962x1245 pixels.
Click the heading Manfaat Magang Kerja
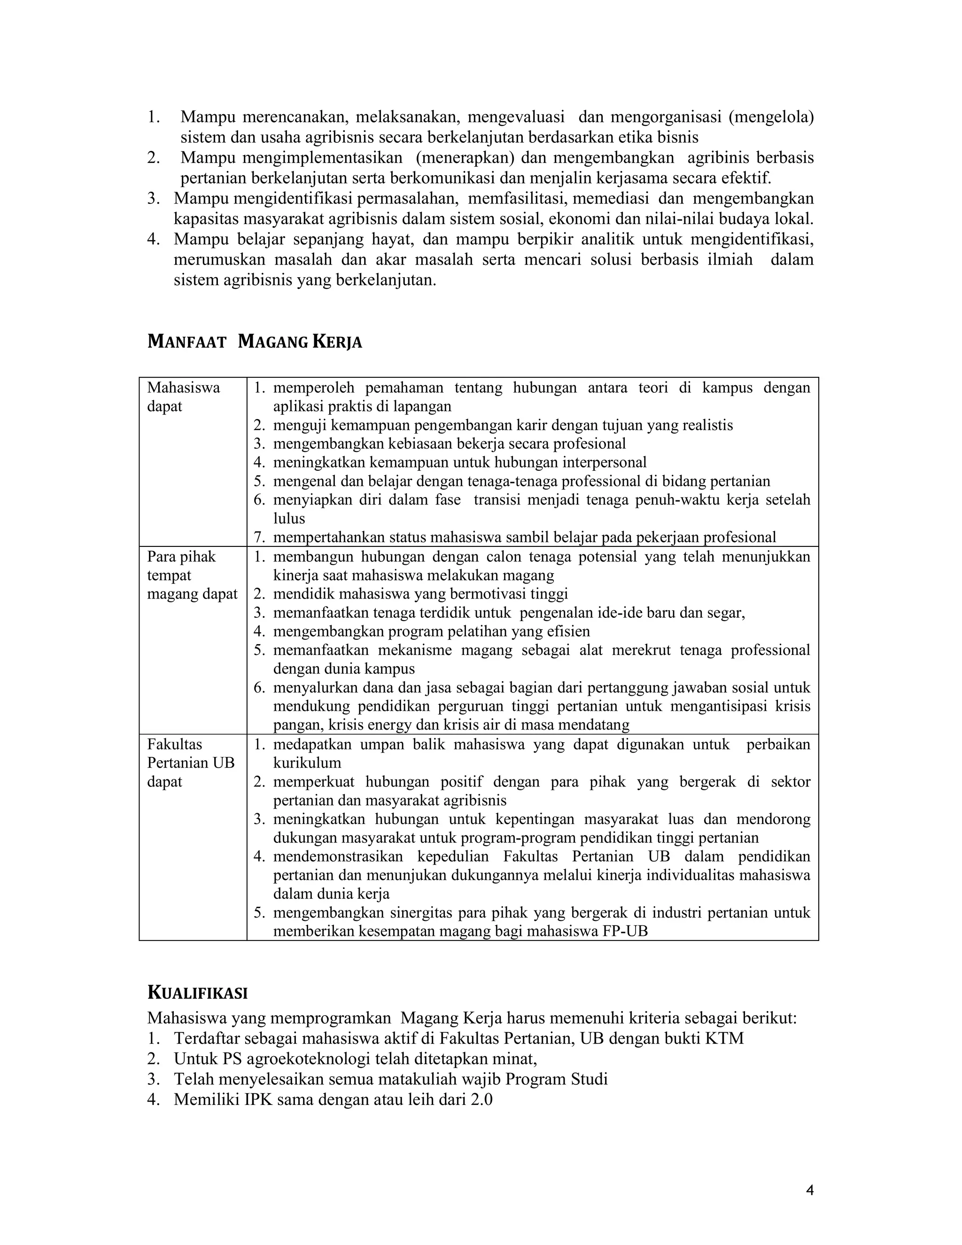(255, 342)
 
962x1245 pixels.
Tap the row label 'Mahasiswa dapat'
(183, 397)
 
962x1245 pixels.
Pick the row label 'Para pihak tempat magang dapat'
(192, 575)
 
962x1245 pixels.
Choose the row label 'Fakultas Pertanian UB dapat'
(190, 762)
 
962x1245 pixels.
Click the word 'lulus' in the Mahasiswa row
(289, 518)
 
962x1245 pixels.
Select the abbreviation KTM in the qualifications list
(724, 1038)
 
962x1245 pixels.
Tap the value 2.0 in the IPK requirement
(481, 1100)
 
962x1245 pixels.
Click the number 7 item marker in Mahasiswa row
(259, 537)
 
